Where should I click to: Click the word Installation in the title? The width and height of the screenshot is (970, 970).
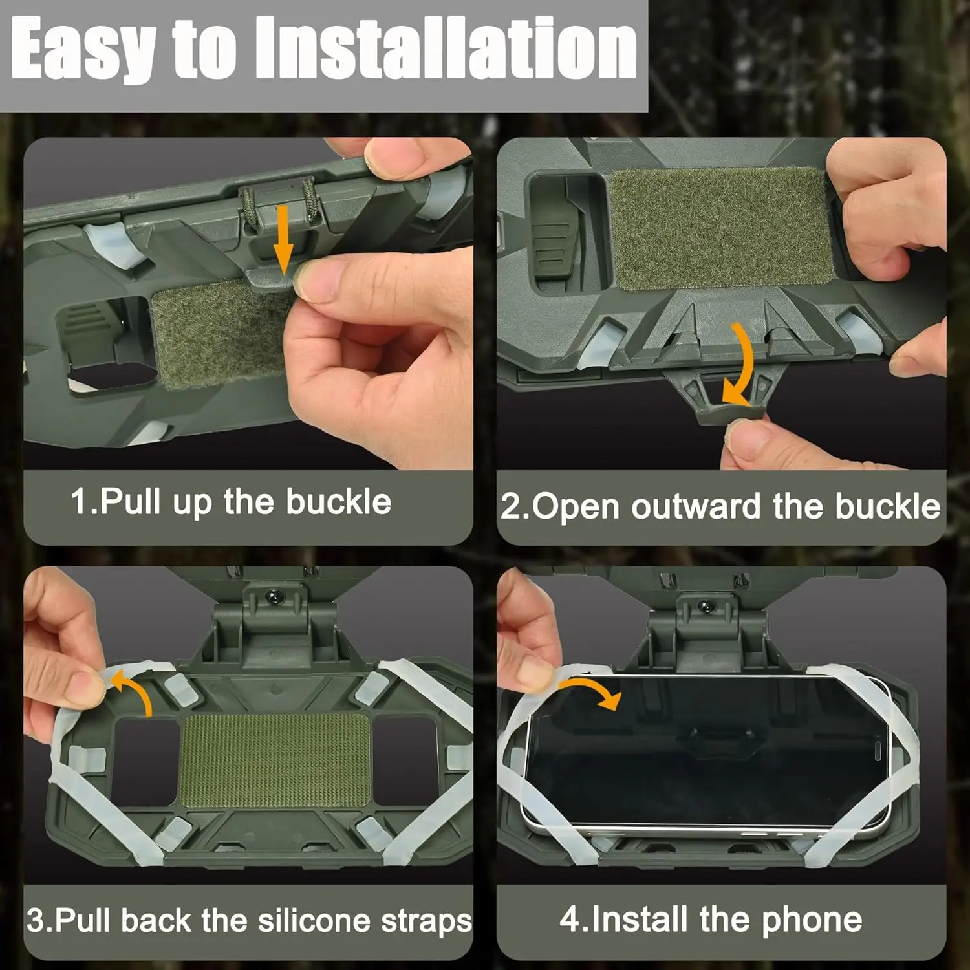(x=446, y=49)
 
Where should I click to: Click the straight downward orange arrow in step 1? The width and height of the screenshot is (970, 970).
(x=283, y=239)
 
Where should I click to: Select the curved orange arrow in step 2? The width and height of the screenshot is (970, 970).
(x=740, y=365)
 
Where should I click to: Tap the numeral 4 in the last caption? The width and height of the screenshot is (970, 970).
(x=570, y=920)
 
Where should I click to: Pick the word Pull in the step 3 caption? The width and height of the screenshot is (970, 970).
(x=83, y=921)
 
